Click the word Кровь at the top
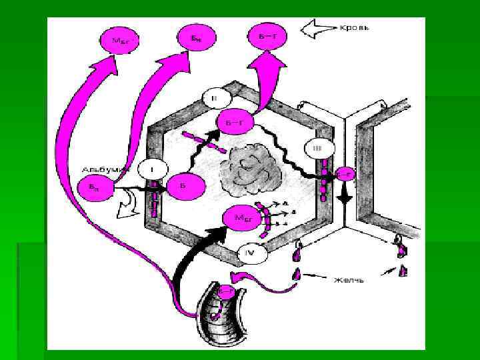[355, 29]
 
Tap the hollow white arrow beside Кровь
[318, 29]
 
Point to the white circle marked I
[152, 170]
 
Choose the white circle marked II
[214, 98]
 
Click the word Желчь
[348, 280]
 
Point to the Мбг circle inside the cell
[241, 217]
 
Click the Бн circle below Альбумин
[94, 189]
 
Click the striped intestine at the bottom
[223, 313]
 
